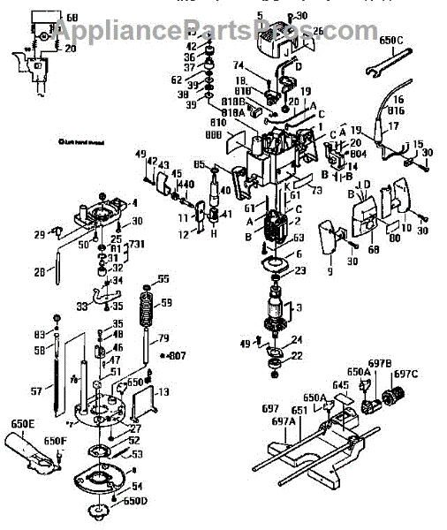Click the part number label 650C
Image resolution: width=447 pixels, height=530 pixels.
tap(391, 40)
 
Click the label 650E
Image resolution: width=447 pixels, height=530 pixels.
tap(22, 424)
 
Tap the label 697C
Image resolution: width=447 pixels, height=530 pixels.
tap(405, 374)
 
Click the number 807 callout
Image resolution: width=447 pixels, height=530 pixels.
tap(178, 356)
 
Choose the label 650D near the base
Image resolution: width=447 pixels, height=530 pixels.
tap(135, 501)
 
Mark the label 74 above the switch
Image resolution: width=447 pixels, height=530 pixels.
tap(238, 65)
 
